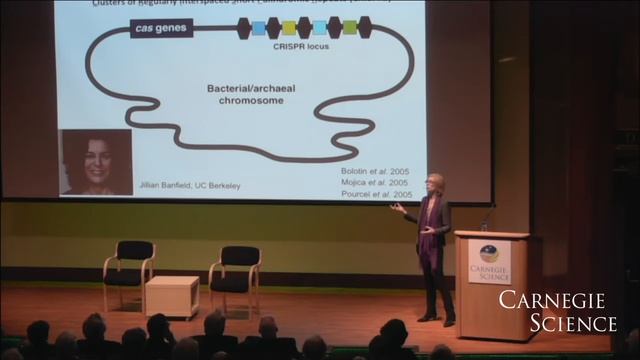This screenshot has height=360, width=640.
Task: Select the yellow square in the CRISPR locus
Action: [289, 28]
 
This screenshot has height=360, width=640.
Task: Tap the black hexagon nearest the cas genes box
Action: [244, 27]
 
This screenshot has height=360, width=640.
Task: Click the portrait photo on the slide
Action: [97, 161]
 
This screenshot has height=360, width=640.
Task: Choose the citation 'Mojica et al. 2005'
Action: [374, 183]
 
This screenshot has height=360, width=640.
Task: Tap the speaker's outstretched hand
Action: [397, 208]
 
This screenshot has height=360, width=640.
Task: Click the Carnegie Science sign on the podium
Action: [489, 260]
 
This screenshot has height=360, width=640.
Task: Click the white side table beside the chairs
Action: [172, 295]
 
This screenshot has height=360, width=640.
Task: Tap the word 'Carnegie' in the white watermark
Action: [558, 300]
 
